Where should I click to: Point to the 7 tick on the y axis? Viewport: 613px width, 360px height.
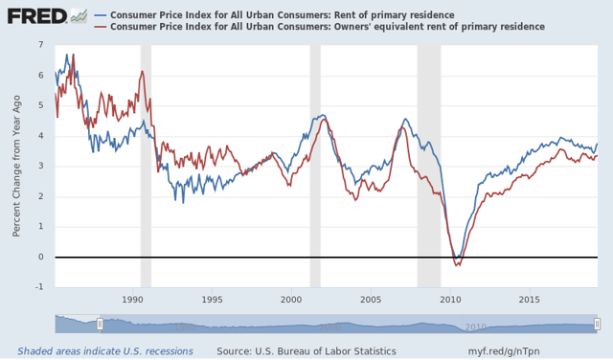[39, 45]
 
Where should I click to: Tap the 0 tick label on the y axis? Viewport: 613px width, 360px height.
[39, 257]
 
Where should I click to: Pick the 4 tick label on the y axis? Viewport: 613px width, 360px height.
[39, 136]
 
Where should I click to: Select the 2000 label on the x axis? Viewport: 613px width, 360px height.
[291, 300]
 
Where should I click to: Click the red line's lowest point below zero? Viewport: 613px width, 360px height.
[457, 265]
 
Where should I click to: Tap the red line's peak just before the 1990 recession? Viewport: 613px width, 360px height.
[142, 72]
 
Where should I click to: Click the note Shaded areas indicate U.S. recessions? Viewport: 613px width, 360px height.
[105, 351]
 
